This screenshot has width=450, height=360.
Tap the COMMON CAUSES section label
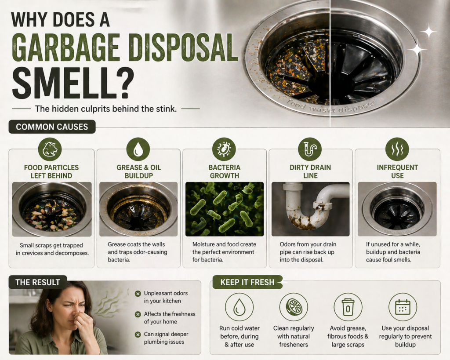[52, 127]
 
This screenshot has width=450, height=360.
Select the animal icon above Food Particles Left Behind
[50, 149]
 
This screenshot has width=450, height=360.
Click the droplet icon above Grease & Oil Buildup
[138, 149]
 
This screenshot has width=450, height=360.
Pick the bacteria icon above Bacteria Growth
[224, 149]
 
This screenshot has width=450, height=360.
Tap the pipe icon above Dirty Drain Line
[310, 149]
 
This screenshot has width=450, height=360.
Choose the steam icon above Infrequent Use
[397, 149]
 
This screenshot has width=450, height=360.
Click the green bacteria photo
[224, 209]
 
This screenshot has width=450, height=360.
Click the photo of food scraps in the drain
[52, 209]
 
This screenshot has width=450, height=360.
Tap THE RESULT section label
[38, 282]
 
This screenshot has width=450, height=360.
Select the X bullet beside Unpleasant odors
[138, 293]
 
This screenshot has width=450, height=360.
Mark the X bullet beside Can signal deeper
[138, 334]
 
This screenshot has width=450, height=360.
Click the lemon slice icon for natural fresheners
[294, 307]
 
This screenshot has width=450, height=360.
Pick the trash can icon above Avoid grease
[348, 307]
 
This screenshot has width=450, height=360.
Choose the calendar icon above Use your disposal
[403, 307]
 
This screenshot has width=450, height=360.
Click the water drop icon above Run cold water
[239, 307]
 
